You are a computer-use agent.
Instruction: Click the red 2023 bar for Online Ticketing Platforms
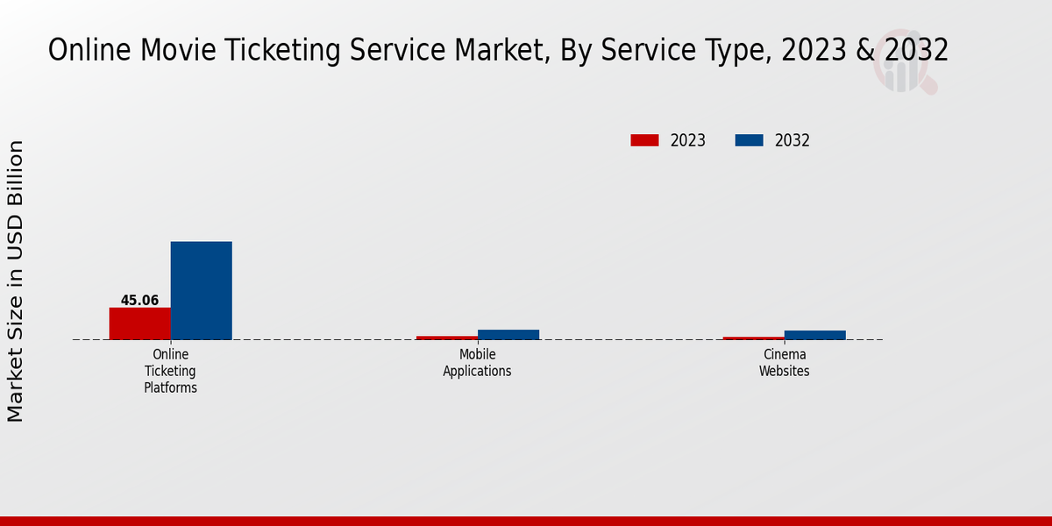[139, 323]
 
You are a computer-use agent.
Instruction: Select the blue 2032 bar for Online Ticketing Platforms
[201, 290]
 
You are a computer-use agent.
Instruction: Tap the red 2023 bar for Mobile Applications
[446, 338]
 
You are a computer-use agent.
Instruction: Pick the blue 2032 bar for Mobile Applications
[508, 335]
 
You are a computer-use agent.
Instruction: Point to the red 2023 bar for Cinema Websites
[753, 338]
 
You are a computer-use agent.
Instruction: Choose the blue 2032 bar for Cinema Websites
[814, 335]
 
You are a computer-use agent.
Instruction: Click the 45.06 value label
[139, 301]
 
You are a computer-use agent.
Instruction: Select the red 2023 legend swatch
[644, 140]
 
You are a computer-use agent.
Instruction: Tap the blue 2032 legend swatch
[749, 140]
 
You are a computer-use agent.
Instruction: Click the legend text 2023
[687, 140]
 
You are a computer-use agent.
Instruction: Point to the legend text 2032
[792, 140]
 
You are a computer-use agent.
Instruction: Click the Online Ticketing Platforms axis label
[170, 371]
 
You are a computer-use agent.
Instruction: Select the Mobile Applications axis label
[477, 363]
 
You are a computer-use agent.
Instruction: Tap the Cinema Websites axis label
[784, 363]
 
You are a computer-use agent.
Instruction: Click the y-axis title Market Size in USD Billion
[16, 281]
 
